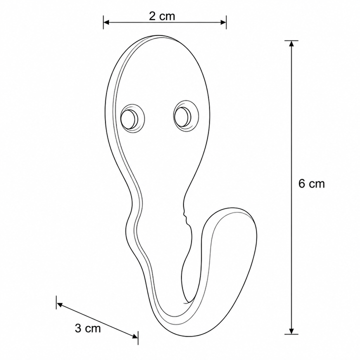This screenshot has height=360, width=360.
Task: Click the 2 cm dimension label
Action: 162,16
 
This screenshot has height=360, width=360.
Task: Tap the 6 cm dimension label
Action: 311,183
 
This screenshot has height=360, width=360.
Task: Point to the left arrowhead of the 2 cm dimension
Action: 106,22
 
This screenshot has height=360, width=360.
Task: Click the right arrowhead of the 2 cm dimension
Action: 223,22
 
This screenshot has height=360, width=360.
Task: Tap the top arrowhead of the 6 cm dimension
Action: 291,43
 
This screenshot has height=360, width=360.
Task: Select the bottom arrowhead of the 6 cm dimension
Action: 291,331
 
